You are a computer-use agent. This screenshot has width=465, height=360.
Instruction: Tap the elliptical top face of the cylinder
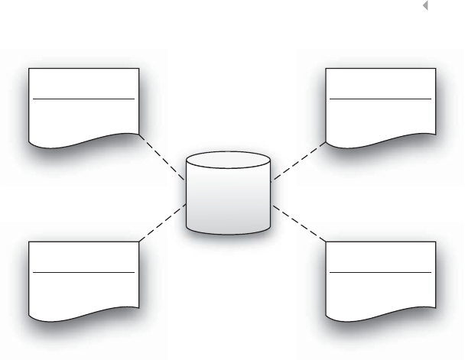(x=228, y=162)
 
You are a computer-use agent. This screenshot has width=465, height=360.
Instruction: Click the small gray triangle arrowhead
(x=424, y=6)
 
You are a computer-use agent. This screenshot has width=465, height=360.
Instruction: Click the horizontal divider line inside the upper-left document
(x=83, y=99)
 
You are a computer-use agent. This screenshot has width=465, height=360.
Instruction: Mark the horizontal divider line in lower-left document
(x=83, y=271)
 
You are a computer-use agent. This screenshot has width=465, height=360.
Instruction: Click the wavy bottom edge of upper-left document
(x=83, y=141)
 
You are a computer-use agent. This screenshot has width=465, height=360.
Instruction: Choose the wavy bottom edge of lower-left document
(x=83, y=313)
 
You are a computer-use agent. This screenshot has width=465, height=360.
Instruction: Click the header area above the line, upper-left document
(x=83, y=83)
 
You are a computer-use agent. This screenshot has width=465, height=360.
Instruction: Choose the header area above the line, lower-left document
(x=83, y=256)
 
